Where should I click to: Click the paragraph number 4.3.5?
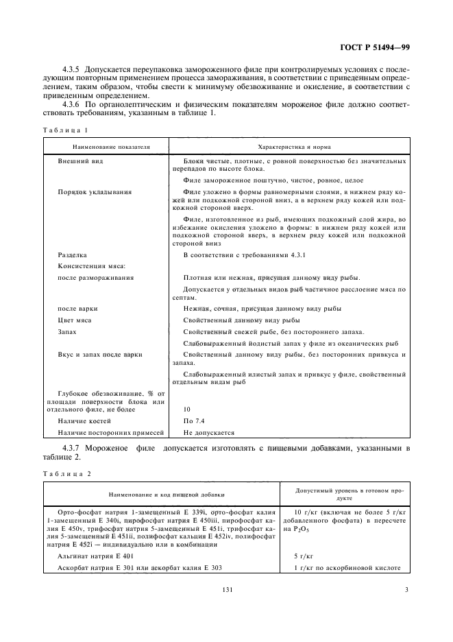click(71, 71)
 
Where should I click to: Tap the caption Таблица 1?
click(66, 130)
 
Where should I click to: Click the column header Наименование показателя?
click(107, 147)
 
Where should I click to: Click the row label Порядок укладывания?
click(95, 191)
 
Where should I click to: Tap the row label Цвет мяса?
click(75, 320)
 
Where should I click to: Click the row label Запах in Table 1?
click(68, 331)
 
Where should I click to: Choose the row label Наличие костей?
click(86, 420)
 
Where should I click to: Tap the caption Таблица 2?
click(66, 473)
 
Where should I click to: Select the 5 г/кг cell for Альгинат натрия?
click(304, 556)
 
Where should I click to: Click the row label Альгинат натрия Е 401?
click(98, 556)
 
